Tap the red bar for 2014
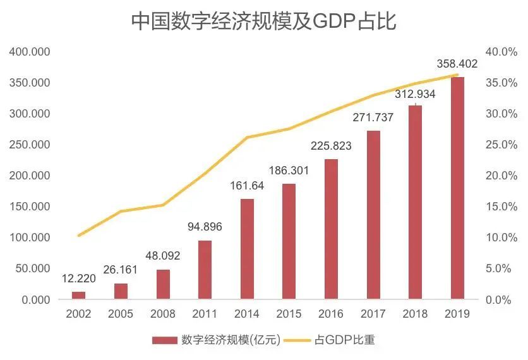click(247, 249)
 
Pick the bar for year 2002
click(78, 295)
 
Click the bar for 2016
click(331, 229)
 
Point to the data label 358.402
click(457, 64)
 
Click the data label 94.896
click(205, 227)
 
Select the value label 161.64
click(247, 186)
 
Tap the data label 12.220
click(78, 279)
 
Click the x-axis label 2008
click(162, 314)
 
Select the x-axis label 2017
click(373, 314)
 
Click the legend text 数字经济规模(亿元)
click(230, 340)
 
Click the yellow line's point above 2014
click(247, 137)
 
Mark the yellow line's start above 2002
click(78, 236)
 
